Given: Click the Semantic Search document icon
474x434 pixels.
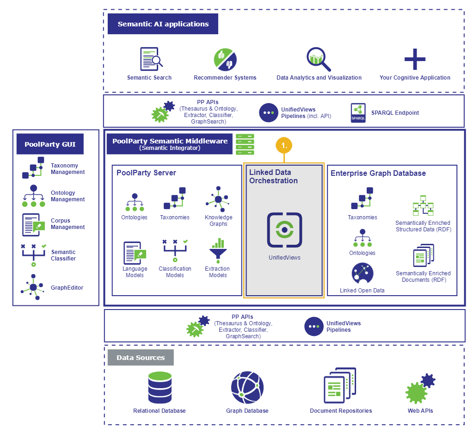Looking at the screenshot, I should click(151, 59).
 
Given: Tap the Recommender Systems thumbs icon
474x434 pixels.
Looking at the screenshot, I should click(225, 60).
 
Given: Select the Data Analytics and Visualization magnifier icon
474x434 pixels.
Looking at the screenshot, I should click(319, 59).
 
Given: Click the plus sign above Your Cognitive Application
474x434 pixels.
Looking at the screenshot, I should click(415, 59).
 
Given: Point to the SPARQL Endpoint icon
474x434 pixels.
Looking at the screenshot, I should click(358, 113).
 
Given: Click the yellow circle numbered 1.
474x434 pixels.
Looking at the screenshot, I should click(284, 145).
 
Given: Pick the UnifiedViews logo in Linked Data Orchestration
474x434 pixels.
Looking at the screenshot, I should click(284, 229).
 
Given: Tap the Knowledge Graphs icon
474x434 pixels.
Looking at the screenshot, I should click(218, 199).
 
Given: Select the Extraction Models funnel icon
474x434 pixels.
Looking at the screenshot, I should click(217, 252).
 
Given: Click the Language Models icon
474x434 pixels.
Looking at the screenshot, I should click(135, 253).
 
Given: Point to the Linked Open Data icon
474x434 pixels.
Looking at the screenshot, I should click(362, 273).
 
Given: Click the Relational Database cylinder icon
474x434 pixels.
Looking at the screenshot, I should click(160, 388).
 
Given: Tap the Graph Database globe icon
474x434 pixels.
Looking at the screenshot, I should click(247, 388).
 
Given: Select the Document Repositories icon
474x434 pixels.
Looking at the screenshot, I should click(340, 386).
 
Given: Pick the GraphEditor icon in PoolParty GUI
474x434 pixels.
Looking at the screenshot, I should click(33, 287).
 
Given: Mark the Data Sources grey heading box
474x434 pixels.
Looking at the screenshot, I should click(141, 358).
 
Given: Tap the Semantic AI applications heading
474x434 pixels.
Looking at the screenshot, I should click(163, 24).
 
